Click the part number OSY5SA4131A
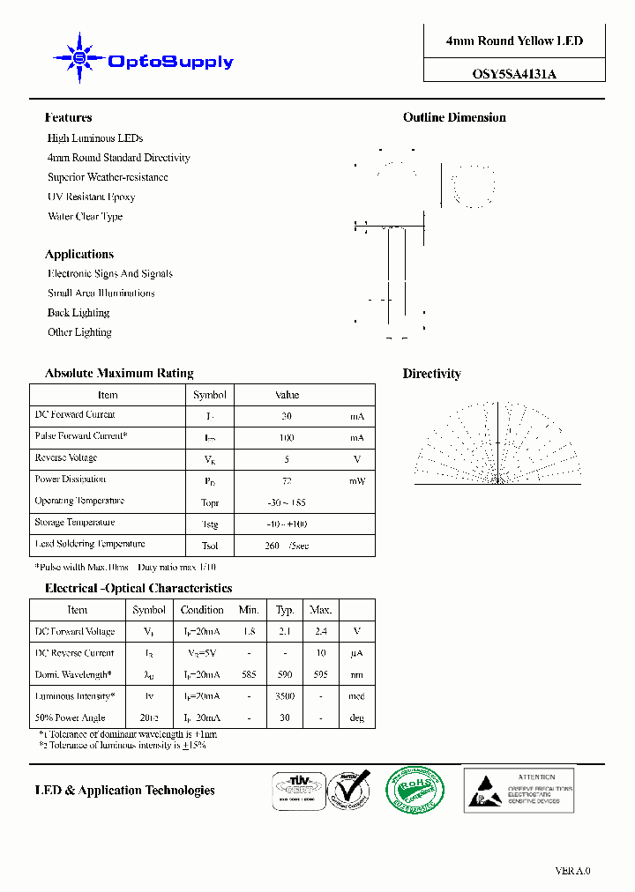point(514,75)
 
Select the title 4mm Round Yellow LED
point(514,41)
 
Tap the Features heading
point(68,117)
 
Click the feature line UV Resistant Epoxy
point(91,197)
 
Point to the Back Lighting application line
point(78,313)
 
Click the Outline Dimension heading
point(454,117)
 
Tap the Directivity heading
point(432,374)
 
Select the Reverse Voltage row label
point(66,457)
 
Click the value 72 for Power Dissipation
point(286,480)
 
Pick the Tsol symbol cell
point(210,546)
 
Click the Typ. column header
point(285,609)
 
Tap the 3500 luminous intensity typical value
point(285,696)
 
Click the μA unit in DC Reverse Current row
point(357,653)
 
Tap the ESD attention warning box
point(519,789)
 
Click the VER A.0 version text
point(572,871)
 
